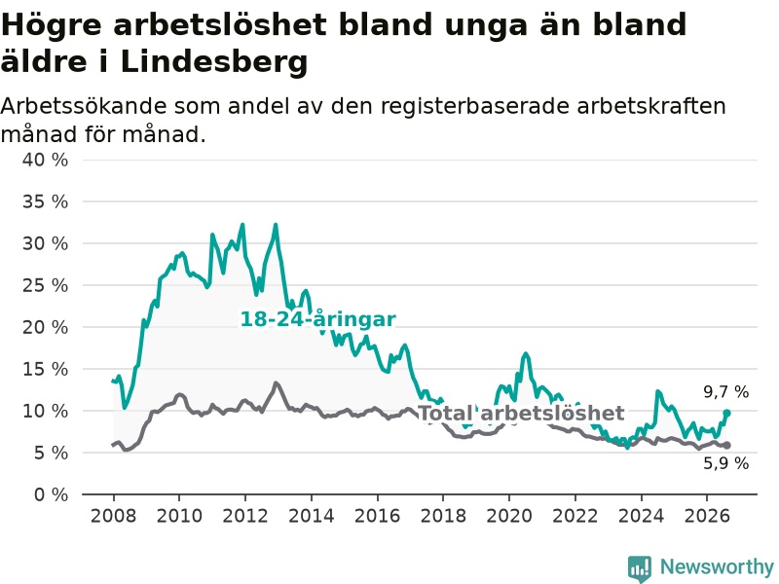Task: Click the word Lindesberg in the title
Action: click(214, 62)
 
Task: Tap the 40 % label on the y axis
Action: click(45, 160)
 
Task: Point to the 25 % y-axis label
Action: click(45, 285)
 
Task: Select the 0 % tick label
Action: click(51, 494)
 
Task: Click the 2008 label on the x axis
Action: click(113, 516)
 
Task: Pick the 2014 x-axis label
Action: click(311, 516)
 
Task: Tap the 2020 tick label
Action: click(508, 516)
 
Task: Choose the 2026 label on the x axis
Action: click(707, 516)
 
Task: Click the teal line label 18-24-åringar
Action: click(318, 319)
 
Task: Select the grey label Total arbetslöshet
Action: click(521, 413)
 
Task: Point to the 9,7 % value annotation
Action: click(725, 392)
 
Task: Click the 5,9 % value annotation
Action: click(725, 463)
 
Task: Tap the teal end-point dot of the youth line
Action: click(726, 413)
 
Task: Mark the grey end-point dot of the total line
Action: click(726, 445)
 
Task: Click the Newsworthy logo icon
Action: click(640, 568)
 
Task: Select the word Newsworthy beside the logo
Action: click(717, 566)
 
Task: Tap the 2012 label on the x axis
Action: click(245, 516)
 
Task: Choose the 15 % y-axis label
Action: click(45, 369)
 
